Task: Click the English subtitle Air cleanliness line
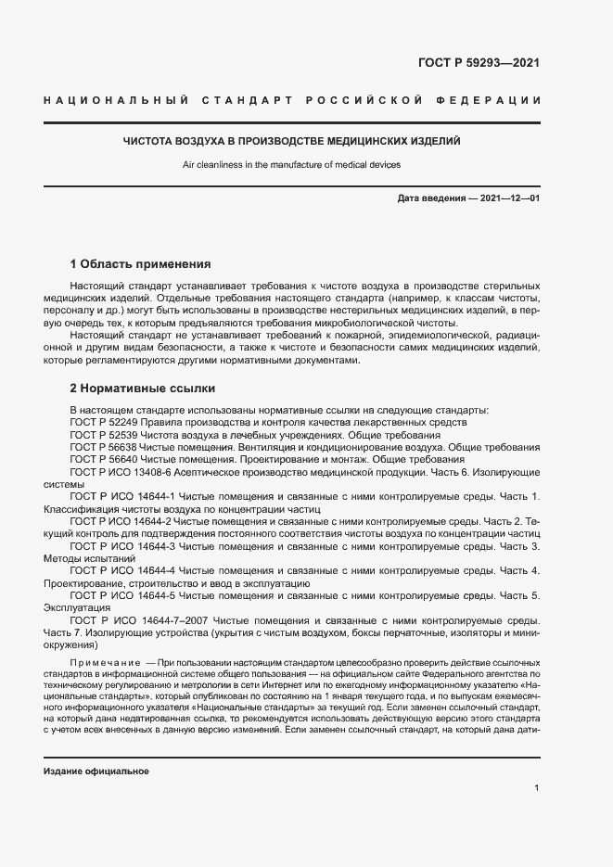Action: tap(292, 164)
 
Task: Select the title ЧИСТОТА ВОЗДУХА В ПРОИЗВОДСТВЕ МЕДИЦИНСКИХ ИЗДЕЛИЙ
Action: tap(292, 141)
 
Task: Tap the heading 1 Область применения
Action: tap(141, 263)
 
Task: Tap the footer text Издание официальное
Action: tap(96, 771)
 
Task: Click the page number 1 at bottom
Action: tap(537, 788)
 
